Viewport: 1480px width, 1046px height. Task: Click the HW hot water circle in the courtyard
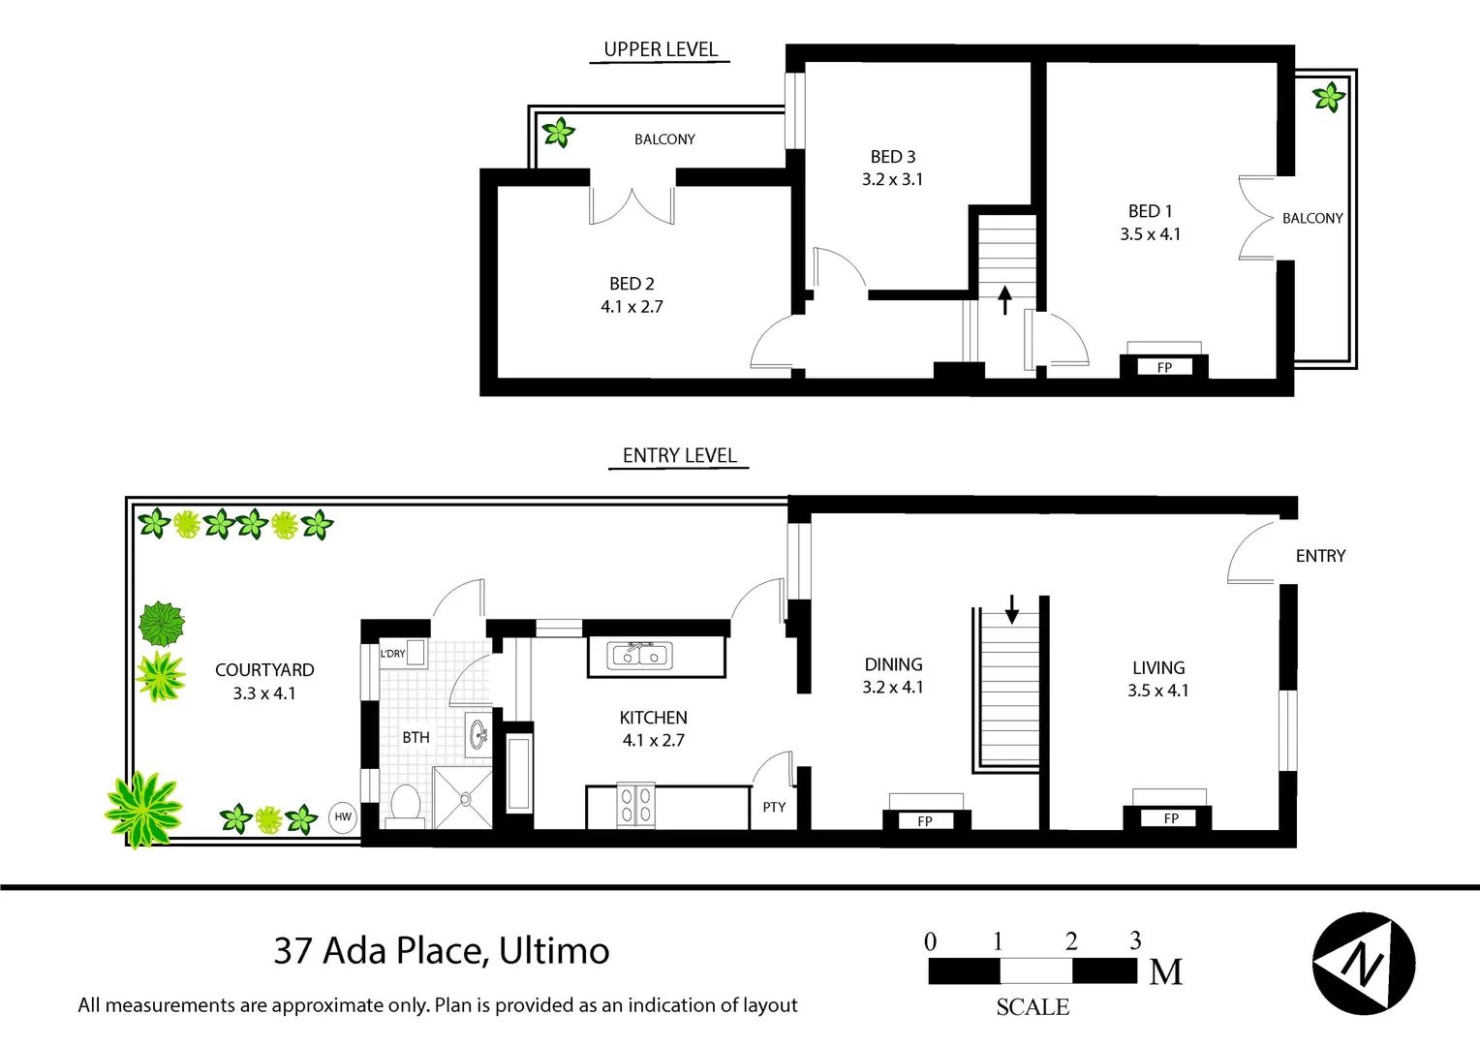pos(343,816)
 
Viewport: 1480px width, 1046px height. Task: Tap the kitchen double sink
pos(639,656)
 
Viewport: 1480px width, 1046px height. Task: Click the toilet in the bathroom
pos(405,806)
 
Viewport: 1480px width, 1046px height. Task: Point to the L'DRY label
pos(392,654)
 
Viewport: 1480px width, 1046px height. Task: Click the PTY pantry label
pos(774,807)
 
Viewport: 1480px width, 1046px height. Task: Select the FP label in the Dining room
pos(925,821)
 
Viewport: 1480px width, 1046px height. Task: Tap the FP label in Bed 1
pos(1164,367)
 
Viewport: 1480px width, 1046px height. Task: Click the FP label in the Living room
pos(1171,818)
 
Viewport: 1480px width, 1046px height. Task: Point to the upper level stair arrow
pos(1005,300)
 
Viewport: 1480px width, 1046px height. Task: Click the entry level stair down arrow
pos(1011,609)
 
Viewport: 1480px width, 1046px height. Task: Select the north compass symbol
pos(1364,964)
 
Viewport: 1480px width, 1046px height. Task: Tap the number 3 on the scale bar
pos(1135,939)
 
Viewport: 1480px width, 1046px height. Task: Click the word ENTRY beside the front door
pos(1321,556)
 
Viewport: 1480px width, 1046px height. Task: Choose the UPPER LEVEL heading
pos(661,49)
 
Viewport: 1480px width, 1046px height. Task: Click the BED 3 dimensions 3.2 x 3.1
pos(893,179)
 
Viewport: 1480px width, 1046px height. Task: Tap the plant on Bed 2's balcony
pos(559,132)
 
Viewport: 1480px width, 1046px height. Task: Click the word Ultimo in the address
pos(554,951)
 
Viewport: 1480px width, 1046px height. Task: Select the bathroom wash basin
pos(478,735)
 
